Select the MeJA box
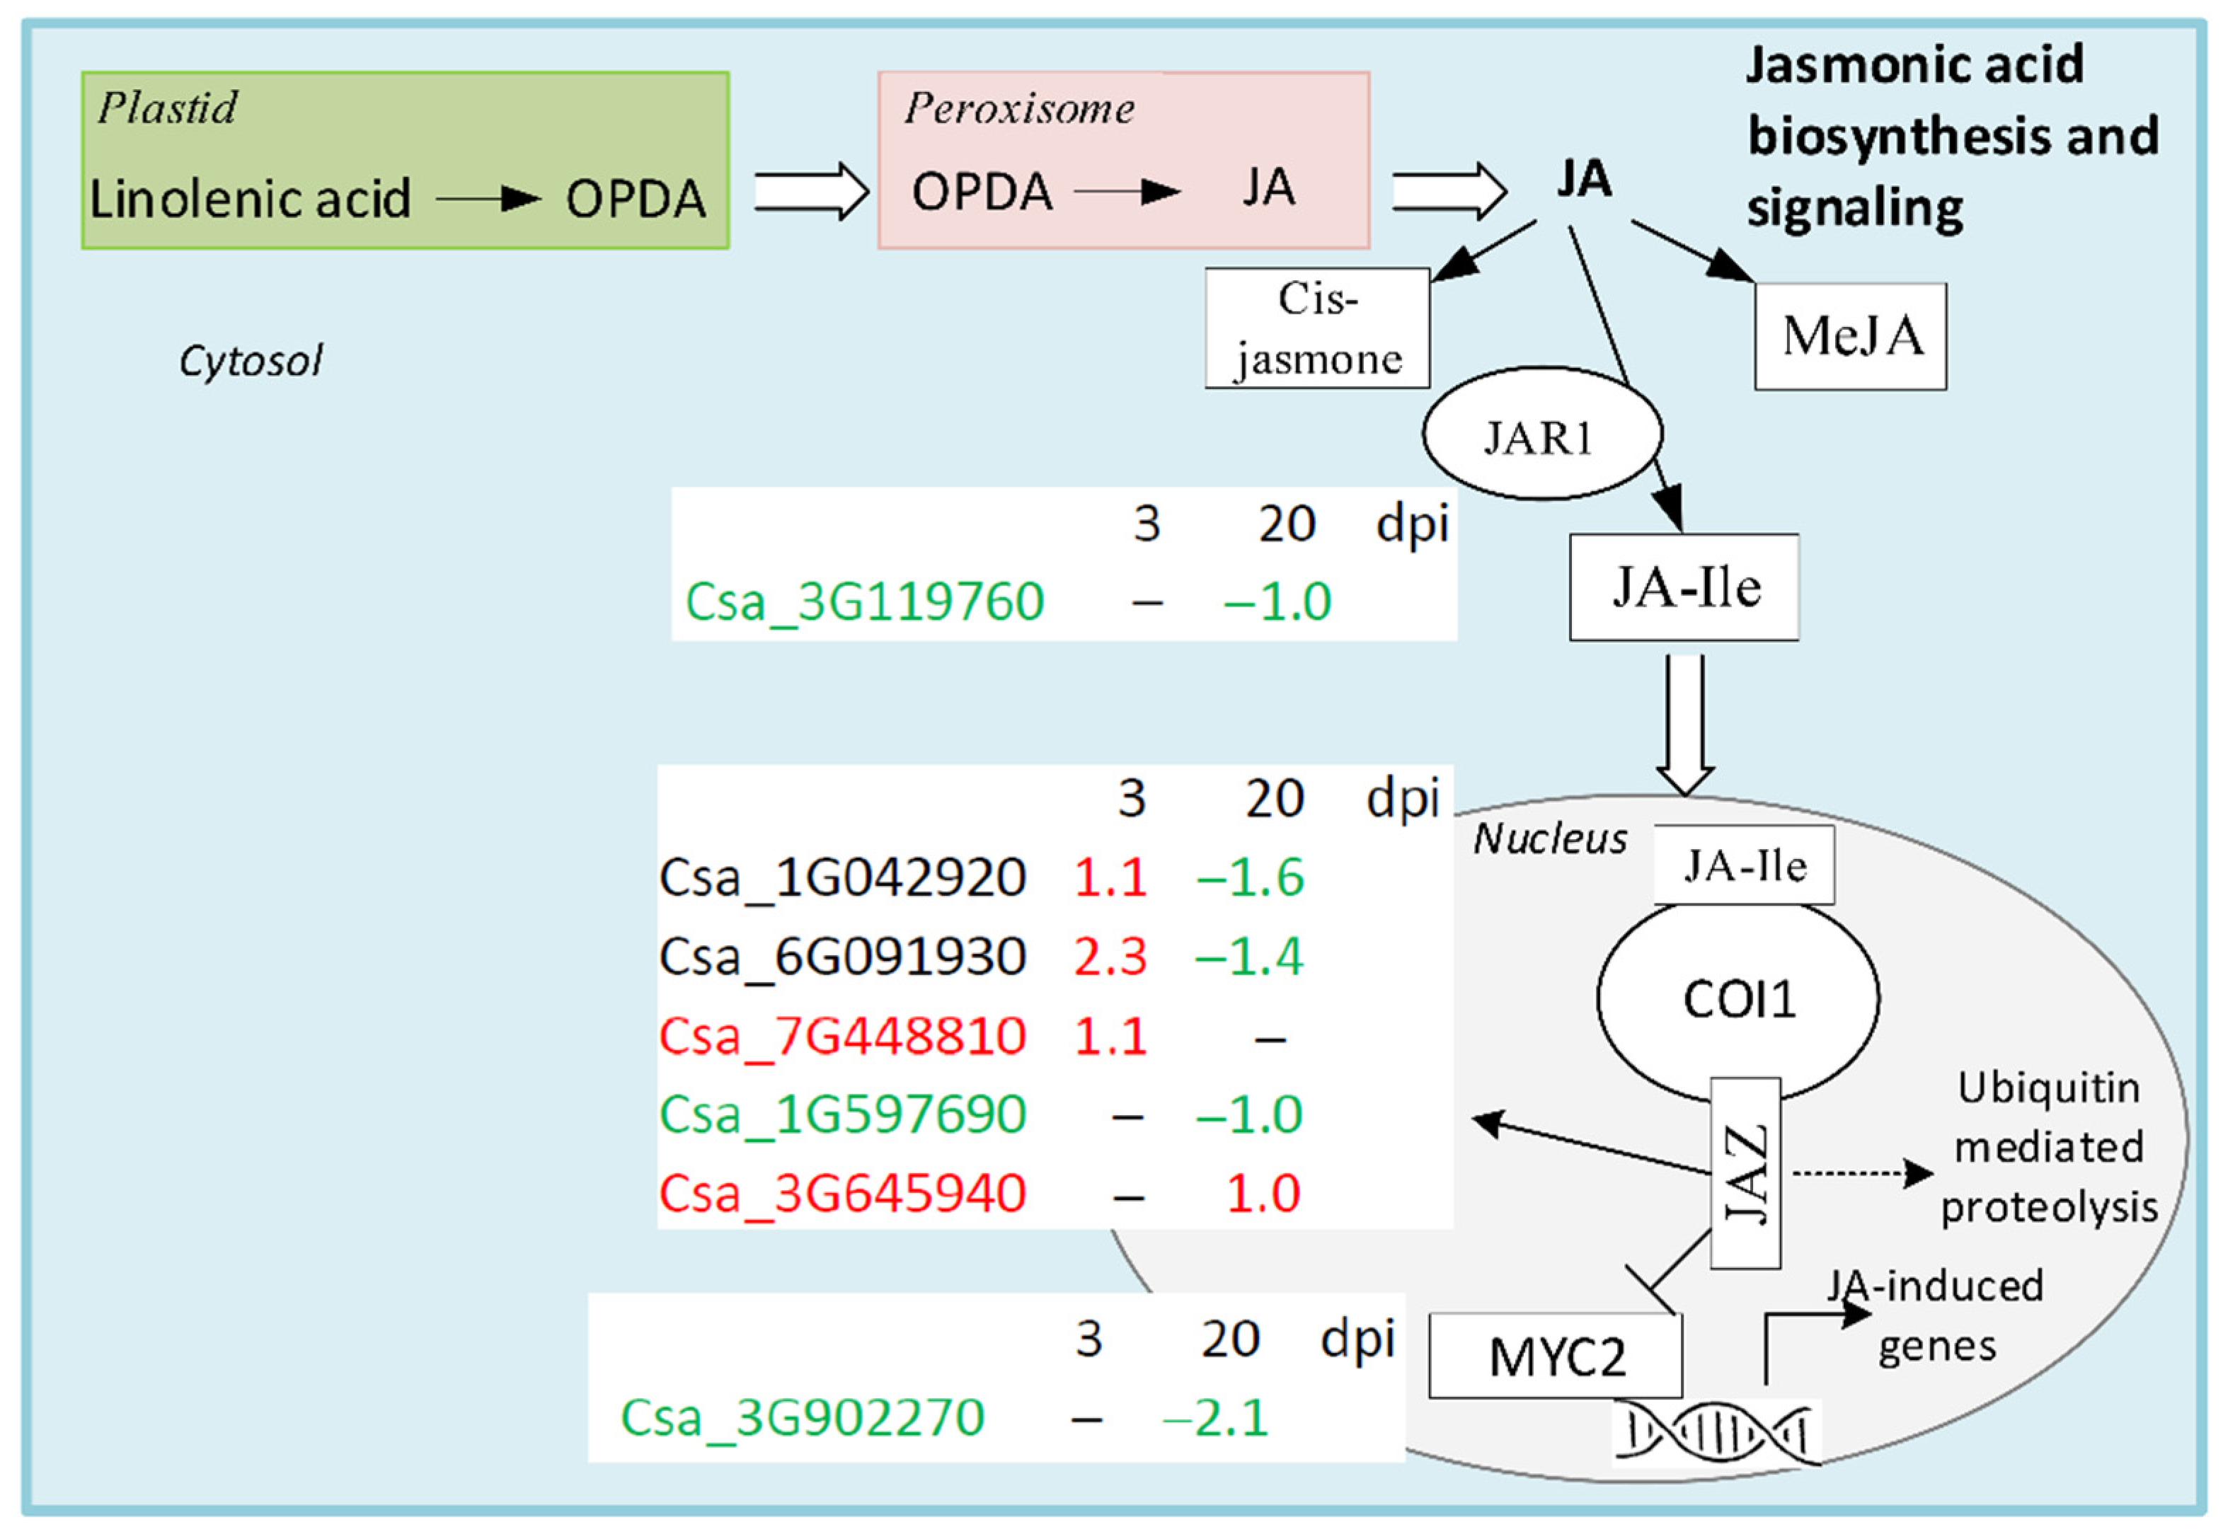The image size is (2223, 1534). point(1850,336)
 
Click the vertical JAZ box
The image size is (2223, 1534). point(1745,1172)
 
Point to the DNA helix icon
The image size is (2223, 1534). point(1716,1433)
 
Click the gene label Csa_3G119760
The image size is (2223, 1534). point(864,603)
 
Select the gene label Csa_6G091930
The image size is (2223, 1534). point(842,957)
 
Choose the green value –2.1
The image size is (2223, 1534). point(1216,1418)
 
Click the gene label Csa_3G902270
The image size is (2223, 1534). point(803,1418)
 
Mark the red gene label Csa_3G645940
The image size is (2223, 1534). point(842,1194)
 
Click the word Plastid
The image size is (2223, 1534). point(166,108)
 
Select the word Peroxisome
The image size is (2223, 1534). point(1018,108)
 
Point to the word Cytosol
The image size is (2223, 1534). point(250,362)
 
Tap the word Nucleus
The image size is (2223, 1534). point(1549,839)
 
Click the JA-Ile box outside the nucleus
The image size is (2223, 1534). point(1684,587)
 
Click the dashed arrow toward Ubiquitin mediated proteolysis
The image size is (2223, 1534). point(1863,1172)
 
